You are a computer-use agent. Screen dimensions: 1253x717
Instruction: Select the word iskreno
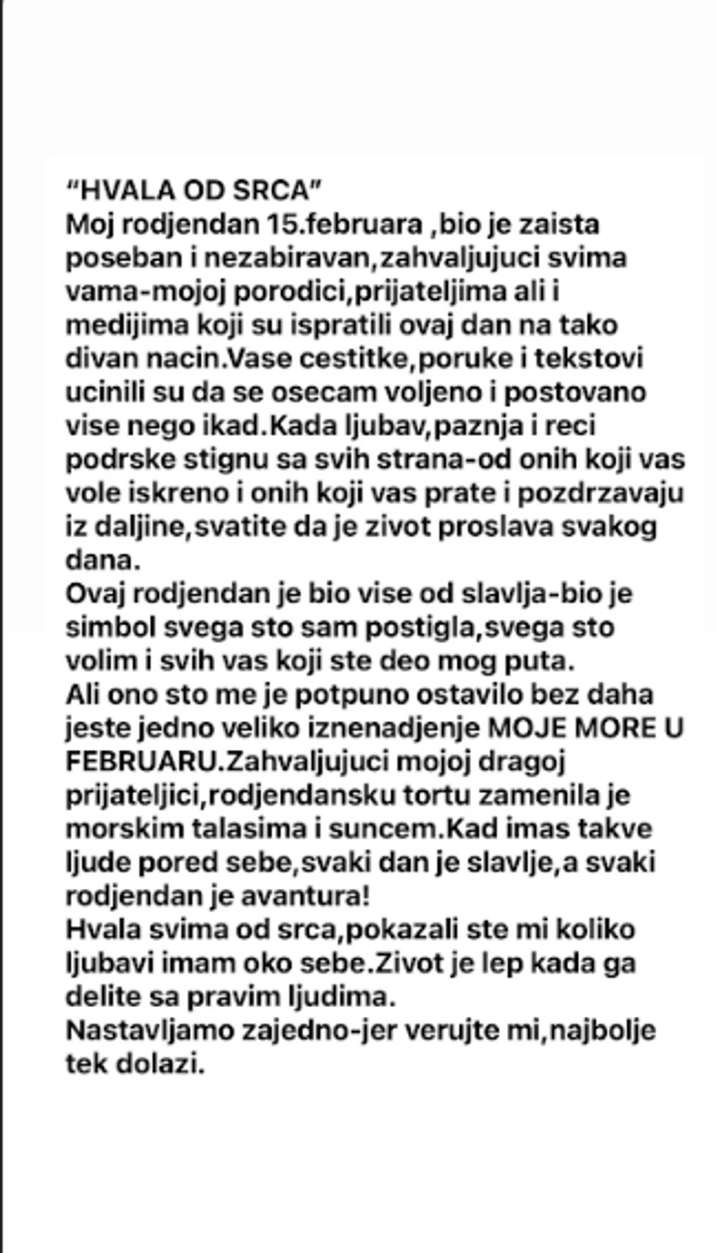[182, 493]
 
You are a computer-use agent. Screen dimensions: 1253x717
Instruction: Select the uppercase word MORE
[600, 728]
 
